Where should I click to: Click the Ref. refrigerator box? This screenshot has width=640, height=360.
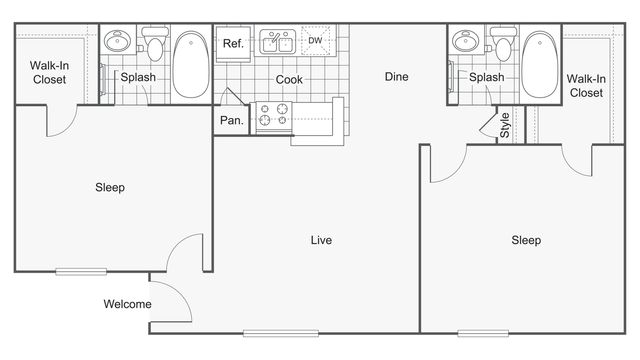point(234,43)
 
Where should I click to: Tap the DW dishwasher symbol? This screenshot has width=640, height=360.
point(315,41)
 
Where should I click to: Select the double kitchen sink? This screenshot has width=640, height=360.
point(277,42)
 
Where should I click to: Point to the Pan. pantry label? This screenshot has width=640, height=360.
point(231,120)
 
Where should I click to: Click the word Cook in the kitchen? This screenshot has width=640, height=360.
point(290,80)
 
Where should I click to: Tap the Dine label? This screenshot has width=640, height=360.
point(396,76)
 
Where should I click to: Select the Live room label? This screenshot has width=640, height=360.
point(321,240)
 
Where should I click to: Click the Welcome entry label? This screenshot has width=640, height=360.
point(127,305)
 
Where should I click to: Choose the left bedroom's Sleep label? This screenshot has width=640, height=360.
point(110,187)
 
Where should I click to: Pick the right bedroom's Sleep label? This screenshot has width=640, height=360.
point(526,240)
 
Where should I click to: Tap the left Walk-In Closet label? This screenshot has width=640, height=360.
point(48,73)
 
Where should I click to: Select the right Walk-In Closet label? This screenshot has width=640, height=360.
point(586,85)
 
